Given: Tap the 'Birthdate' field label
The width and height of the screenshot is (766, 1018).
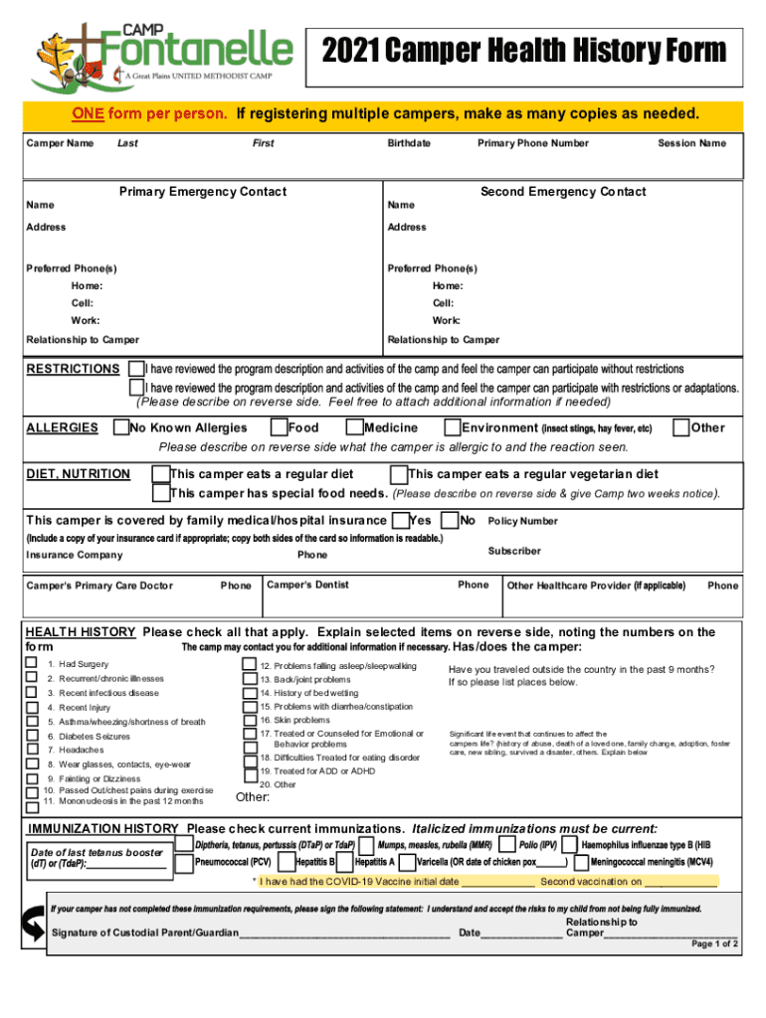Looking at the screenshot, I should (408, 143).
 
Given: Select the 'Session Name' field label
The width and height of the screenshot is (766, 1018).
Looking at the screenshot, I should (691, 143).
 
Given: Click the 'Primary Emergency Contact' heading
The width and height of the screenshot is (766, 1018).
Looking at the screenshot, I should (202, 192).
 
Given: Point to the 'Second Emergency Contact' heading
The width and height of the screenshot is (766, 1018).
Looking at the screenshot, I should (562, 192).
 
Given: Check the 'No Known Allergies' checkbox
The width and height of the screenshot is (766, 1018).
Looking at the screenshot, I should (121, 427).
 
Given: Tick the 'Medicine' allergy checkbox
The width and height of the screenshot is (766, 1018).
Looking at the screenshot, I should (354, 427).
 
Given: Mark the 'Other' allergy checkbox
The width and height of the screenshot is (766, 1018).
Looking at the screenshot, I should (680, 427).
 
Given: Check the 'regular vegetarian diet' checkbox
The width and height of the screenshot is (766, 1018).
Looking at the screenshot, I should (398, 474).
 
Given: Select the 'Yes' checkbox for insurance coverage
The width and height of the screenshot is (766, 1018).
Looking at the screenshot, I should (400, 520).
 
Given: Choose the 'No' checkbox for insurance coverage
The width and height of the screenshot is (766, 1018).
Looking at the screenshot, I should (450, 520).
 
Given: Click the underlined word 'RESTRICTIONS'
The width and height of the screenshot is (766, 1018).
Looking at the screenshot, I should (73, 369).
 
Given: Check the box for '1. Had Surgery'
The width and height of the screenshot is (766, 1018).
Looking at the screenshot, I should (32, 663).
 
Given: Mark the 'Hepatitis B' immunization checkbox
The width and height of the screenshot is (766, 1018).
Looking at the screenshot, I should (287, 862).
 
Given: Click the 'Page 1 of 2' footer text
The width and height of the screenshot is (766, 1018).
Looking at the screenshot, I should (713, 943).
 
